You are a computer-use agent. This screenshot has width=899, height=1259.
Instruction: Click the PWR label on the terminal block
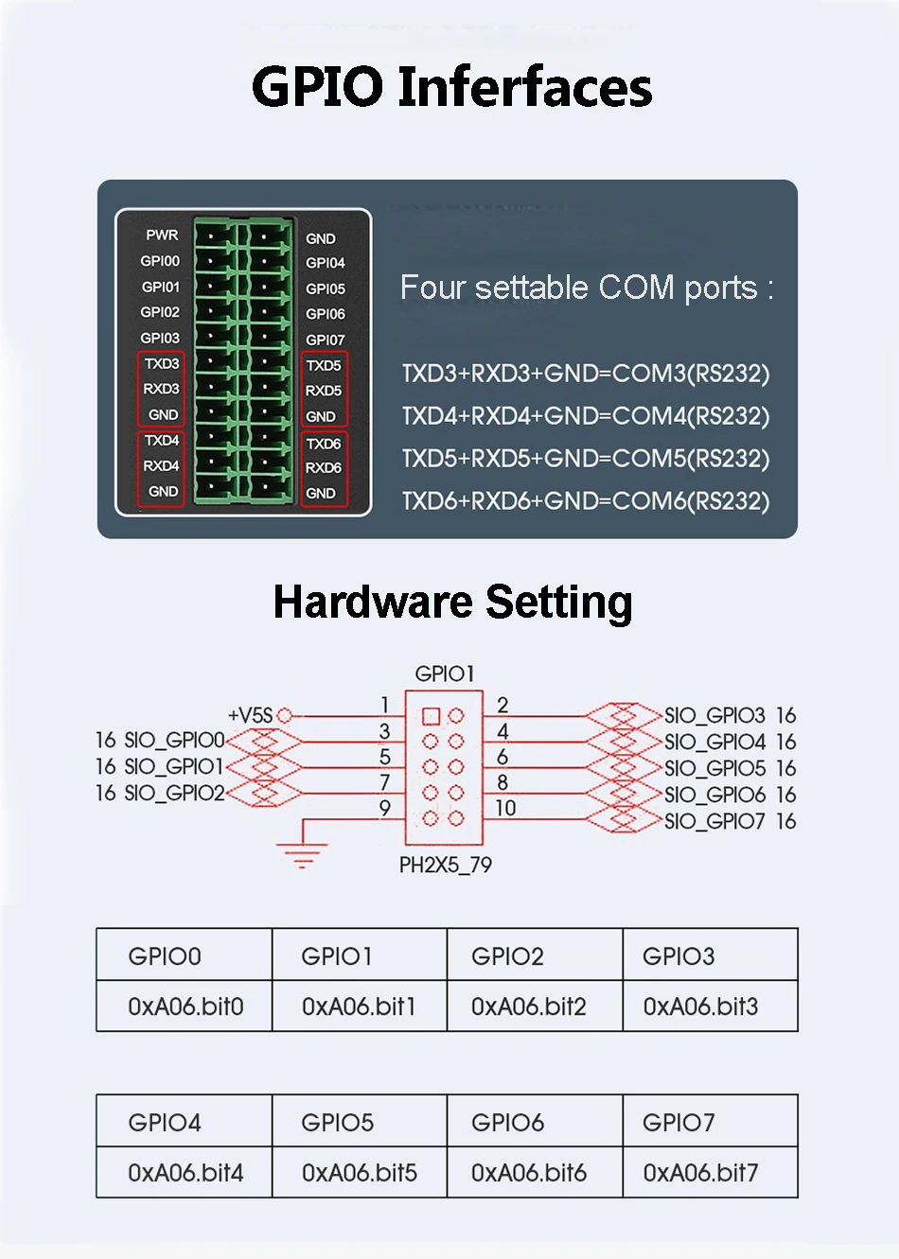point(162,235)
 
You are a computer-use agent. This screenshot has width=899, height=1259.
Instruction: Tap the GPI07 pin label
point(326,340)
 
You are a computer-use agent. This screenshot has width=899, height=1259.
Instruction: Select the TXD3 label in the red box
point(162,364)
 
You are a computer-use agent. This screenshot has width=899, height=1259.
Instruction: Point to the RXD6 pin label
point(324,468)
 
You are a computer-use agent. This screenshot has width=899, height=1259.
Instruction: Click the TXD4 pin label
point(162,441)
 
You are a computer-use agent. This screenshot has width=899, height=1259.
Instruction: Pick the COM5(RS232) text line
point(585,459)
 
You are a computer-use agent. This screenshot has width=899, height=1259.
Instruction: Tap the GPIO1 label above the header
point(445,673)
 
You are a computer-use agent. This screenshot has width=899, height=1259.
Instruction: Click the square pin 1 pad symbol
point(431,716)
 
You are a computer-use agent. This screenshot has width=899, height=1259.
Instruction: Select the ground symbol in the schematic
point(303,854)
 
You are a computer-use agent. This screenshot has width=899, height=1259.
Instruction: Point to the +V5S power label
point(250,715)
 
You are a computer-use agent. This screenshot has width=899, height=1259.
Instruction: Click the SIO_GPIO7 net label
point(714,821)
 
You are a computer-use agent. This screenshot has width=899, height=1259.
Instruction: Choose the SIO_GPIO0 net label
point(175,740)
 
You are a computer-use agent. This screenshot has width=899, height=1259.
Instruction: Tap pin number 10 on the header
point(505,808)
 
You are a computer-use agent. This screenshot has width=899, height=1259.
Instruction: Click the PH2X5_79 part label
point(445,865)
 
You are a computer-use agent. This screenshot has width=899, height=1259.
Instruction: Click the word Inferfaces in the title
point(524,87)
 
